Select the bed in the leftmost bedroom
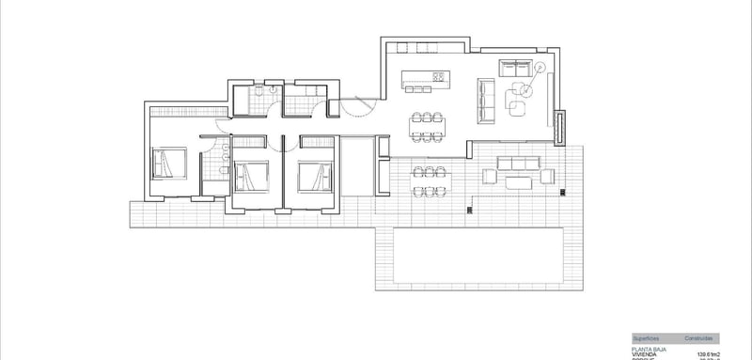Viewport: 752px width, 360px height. (x=170, y=164)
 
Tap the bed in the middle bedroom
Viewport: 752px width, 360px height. (x=249, y=175)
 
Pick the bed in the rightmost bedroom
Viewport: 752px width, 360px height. (x=315, y=175)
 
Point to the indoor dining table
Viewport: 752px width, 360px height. (x=428, y=125)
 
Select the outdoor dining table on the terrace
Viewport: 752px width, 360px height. (x=428, y=180)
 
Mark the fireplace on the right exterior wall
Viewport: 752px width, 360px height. (x=560, y=127)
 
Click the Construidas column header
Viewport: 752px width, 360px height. (x=699, y=337)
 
